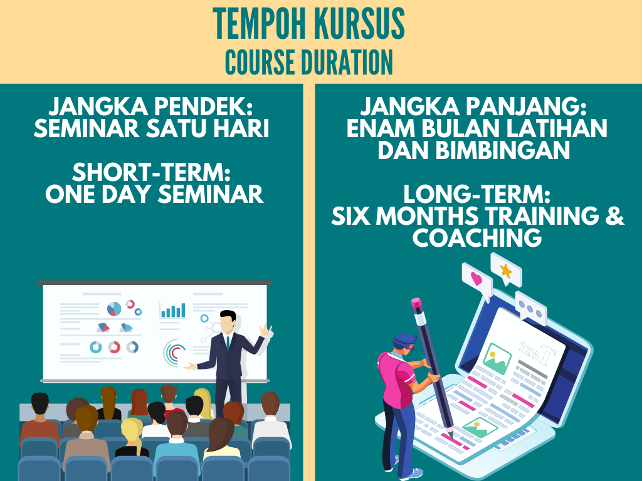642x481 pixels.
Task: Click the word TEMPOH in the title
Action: [x=259, y=23]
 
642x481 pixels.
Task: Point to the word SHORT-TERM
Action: [x=151, y=172]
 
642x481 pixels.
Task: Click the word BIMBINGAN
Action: [x=503, y=150]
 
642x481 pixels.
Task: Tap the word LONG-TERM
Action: [x=476, y=194]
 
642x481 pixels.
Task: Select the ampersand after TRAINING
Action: [x=614, y=215]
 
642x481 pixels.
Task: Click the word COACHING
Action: [x=477, y=237]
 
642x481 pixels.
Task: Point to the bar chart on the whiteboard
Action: [x=172, y=311]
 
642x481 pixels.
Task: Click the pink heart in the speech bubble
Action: [x=476, y=279]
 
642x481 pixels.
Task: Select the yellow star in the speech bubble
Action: [x=506, y=271]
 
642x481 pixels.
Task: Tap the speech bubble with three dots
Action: [x=530, y=308]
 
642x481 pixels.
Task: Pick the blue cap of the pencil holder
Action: [x=404, y=340]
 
